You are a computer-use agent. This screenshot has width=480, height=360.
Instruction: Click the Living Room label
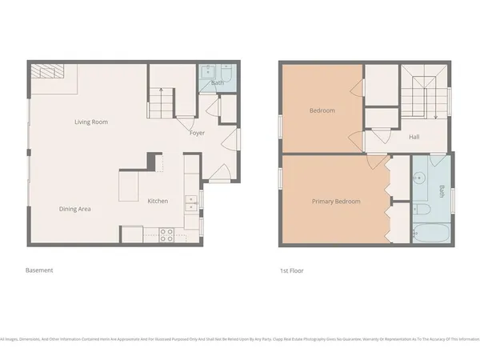coord(90,122)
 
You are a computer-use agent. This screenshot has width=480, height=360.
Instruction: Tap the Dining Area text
coord(74,209)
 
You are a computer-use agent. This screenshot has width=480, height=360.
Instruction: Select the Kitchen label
coord(158,201)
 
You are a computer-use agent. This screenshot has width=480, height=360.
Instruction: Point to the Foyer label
coord(197,133)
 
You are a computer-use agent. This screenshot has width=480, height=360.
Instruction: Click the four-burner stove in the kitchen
coord(167,234)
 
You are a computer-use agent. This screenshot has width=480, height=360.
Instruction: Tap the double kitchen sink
coord(191,203)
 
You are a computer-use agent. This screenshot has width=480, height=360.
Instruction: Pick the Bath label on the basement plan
coord(217,82)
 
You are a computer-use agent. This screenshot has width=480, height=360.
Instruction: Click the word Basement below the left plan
coord(39,270)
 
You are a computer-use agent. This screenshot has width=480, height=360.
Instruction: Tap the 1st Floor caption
coord(294,270)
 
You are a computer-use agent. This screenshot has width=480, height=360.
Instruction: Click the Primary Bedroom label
coord(336,202)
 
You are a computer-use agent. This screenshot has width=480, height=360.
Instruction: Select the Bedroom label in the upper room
coord(322,110)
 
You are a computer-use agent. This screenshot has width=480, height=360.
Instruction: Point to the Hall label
coord(414,137)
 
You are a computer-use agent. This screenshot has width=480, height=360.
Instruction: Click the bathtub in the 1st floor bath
coord(433,234)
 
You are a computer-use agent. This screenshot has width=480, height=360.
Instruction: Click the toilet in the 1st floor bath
coord(422,210)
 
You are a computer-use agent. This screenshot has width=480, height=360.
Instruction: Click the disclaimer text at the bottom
coord(240,338)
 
